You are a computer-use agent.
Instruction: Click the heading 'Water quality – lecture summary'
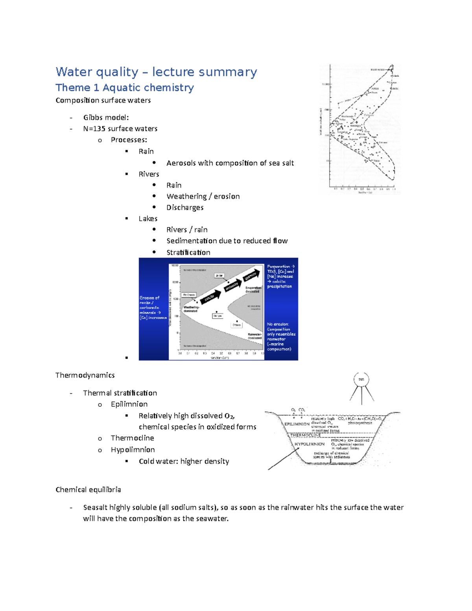tap(156, 72)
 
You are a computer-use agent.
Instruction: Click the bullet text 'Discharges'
tap(185, 207)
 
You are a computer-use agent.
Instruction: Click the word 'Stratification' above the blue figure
tap(188, 252)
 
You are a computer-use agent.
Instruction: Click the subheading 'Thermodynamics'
tap(85, 375)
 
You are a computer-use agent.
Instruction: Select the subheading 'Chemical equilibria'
tap(88, 489)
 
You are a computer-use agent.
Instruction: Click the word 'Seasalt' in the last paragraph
tap(95, 507)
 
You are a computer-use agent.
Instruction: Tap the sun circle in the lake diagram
tap(361, 379)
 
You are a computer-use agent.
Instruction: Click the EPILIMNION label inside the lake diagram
tap(297, 424)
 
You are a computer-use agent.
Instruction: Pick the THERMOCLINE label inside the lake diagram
tap(305, 435)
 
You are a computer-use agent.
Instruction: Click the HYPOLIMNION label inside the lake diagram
tap(310, 444)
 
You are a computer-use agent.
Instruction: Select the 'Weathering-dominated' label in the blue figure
tap(191, 309)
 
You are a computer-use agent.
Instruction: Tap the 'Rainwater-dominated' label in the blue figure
tap(254, 336)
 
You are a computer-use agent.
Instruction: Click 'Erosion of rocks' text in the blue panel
tap(149, 300)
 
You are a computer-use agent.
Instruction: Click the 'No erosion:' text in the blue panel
tap(278, 324)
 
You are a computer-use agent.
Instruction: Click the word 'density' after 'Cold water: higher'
tap(216, 461)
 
